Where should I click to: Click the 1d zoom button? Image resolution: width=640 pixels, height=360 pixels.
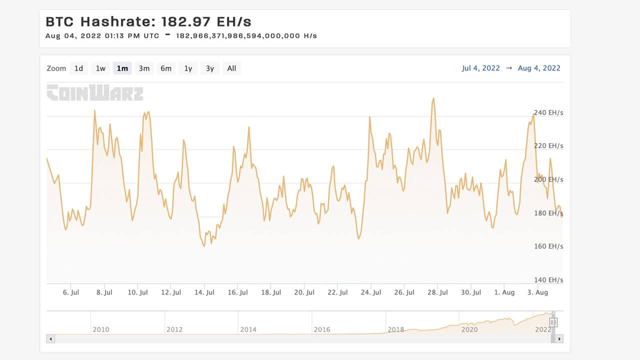click(x=78, y=68)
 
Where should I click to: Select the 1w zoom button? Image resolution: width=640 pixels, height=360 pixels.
click(x=100, y=68)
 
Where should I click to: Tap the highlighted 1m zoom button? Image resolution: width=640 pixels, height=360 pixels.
click(x=122, y=68)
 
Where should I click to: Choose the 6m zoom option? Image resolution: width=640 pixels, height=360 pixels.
click(x=166, y=68)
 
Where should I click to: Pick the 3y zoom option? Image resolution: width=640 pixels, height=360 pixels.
click(x=210, y=68)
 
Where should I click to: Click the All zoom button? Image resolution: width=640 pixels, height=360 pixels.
click(x=231, y=68)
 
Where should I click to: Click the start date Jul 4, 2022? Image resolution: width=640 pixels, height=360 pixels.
click(x=481, y=68)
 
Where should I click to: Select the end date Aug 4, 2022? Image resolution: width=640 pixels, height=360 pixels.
click(x=539, y=68)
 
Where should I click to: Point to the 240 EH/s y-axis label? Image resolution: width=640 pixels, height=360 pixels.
click(x=548, y=113)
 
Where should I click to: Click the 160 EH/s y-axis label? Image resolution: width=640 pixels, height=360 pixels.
click(x=548, y=246)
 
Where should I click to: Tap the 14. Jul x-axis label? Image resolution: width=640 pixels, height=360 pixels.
click(x=204, y=292)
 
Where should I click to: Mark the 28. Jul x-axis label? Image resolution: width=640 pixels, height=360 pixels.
click(x=437, y=292)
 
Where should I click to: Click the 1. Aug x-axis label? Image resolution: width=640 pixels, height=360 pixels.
click(x=504, y=292)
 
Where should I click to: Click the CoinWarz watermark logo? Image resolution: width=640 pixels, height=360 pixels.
click(x=95, y=92)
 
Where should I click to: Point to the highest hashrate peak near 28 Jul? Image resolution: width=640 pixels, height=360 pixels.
click(x=433, y=98)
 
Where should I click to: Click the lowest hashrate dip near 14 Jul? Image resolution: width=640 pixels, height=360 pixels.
click(x=204, y=245)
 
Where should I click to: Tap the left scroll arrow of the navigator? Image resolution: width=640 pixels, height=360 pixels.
click(x=50, y=339)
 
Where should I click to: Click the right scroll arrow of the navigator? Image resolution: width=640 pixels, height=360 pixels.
click(x=559, y=339)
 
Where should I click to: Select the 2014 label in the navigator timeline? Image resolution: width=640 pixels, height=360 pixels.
click(x=248, y=329)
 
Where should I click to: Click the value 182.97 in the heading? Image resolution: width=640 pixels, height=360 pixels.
click(x=186, y=21)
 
